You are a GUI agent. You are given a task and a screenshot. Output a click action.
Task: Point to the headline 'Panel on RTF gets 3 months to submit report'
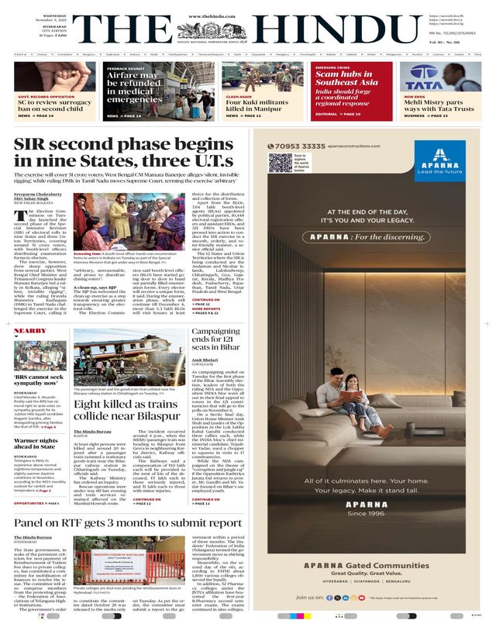click(128, 522)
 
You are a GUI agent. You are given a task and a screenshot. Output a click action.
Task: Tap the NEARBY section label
click(30, 331)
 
